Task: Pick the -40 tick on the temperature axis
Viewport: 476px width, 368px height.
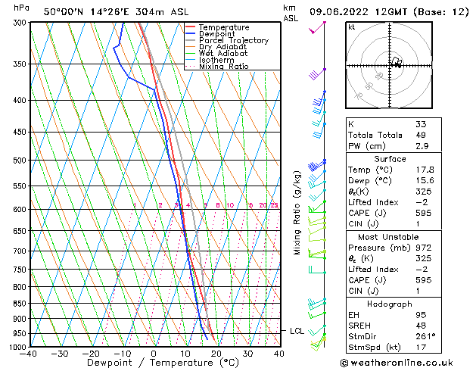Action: pos(29,354)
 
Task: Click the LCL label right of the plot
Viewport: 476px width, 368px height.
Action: pos(297,331)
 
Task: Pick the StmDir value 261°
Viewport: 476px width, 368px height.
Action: pos(426,336)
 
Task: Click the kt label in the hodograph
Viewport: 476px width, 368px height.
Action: pos(352,27)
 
